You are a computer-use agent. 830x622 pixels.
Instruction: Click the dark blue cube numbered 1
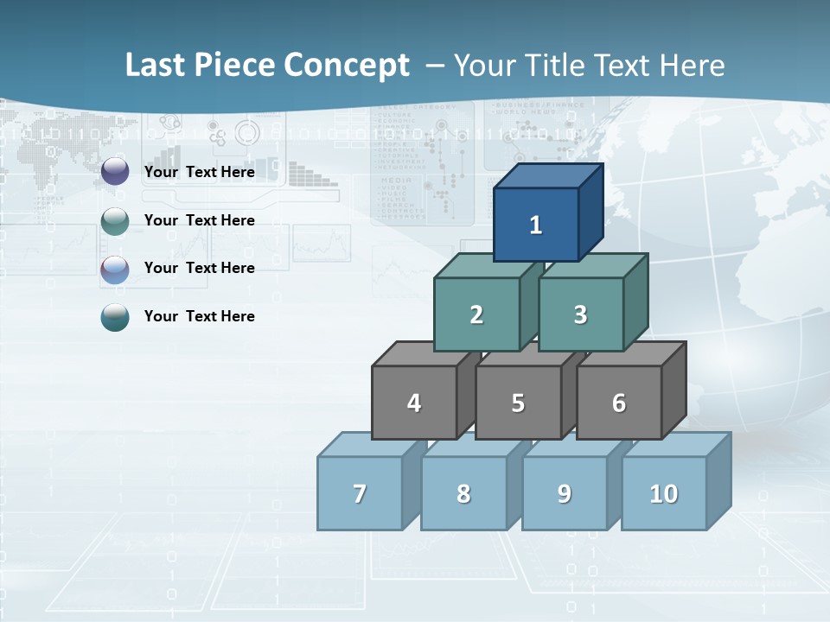tap(536, 225)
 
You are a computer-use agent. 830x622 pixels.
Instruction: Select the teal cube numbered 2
tap(476, 314)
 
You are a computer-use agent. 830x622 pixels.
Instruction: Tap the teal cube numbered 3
tap(580, 314)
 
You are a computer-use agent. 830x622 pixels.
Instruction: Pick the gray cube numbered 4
tap(414, 403)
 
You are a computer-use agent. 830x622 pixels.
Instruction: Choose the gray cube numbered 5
tap(518, 403)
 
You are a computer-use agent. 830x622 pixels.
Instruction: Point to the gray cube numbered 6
tap(619, 403)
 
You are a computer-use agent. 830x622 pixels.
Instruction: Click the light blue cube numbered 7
tap(360, 493)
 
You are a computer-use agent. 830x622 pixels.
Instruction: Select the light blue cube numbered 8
tap(463, 493)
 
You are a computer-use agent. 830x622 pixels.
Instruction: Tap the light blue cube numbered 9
tap(565, 493)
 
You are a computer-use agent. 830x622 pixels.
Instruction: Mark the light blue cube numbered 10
tap(664, 493)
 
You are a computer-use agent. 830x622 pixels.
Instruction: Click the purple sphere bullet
tap(115, 172)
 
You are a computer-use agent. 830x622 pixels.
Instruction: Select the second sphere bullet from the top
tap(115, 221)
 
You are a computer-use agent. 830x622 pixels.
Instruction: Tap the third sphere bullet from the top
tap(115, 270)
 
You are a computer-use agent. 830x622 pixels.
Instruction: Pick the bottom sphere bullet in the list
tap(115, 317)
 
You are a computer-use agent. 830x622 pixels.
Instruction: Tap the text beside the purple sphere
tap(200, 172)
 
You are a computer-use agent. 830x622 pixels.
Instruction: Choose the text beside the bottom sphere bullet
tap(200, 316)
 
